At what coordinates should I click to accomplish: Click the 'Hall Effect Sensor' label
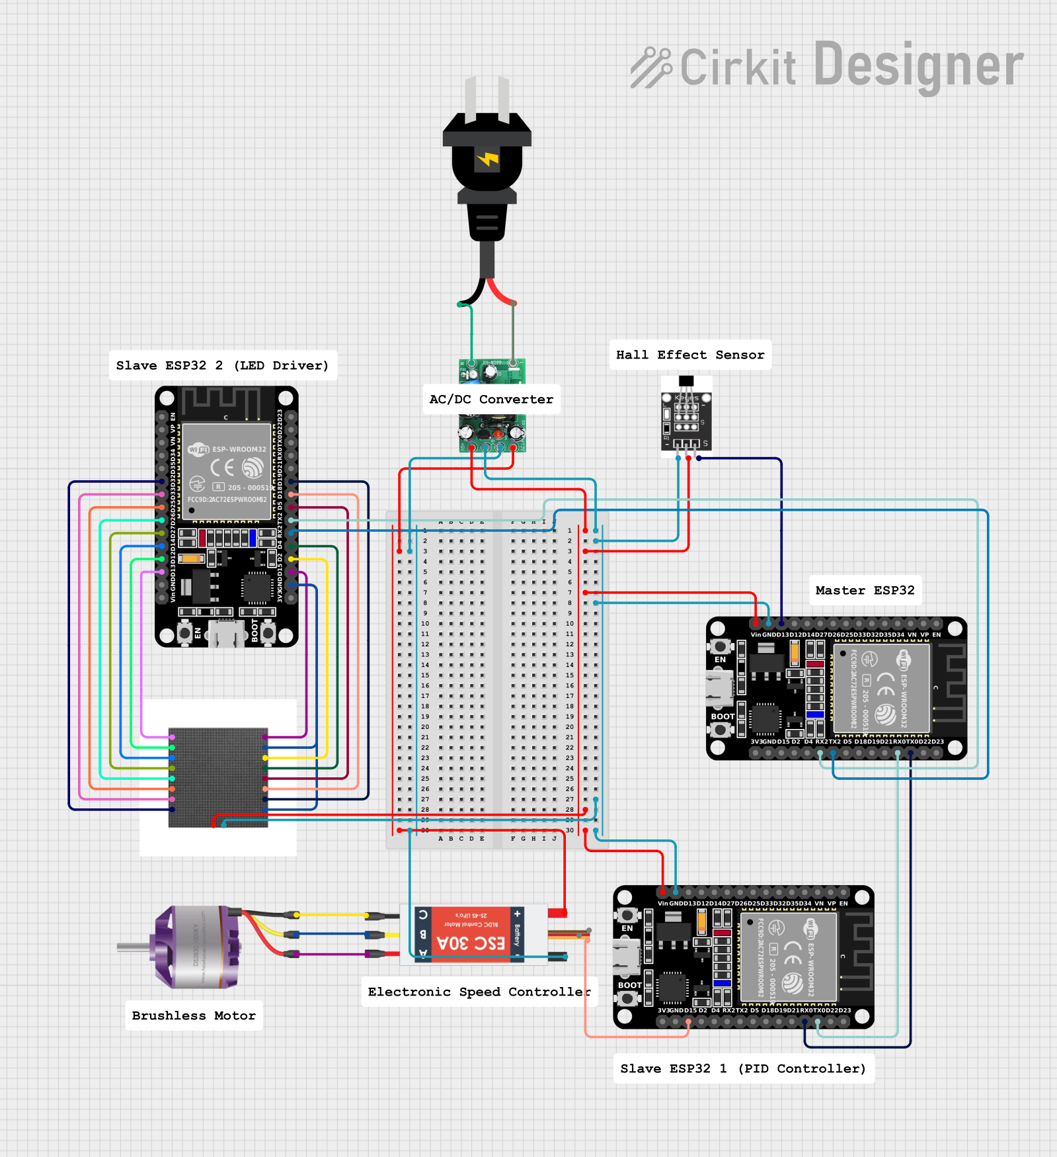(690, 355)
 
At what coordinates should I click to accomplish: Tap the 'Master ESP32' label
(865, 591)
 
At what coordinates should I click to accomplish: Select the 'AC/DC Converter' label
(491, 400)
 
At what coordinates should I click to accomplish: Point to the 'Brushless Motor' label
(194, 1015)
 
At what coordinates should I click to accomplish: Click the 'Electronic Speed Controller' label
(479, 992)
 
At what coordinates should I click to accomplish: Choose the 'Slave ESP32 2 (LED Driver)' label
(222, 366)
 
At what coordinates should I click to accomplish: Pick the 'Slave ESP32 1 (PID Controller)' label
(743, 1068)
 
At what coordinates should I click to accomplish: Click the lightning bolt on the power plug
(488, 159)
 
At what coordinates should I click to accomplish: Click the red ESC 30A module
(471, 934)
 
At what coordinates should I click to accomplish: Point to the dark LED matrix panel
(218, 777)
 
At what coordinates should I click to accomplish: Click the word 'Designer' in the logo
(919, 65)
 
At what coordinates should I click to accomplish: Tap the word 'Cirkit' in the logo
(738, 67)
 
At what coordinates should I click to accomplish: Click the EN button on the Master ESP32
(720, 646)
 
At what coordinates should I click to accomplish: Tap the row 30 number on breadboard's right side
(570, 830)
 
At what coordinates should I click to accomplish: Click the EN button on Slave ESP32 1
(627, 916)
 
